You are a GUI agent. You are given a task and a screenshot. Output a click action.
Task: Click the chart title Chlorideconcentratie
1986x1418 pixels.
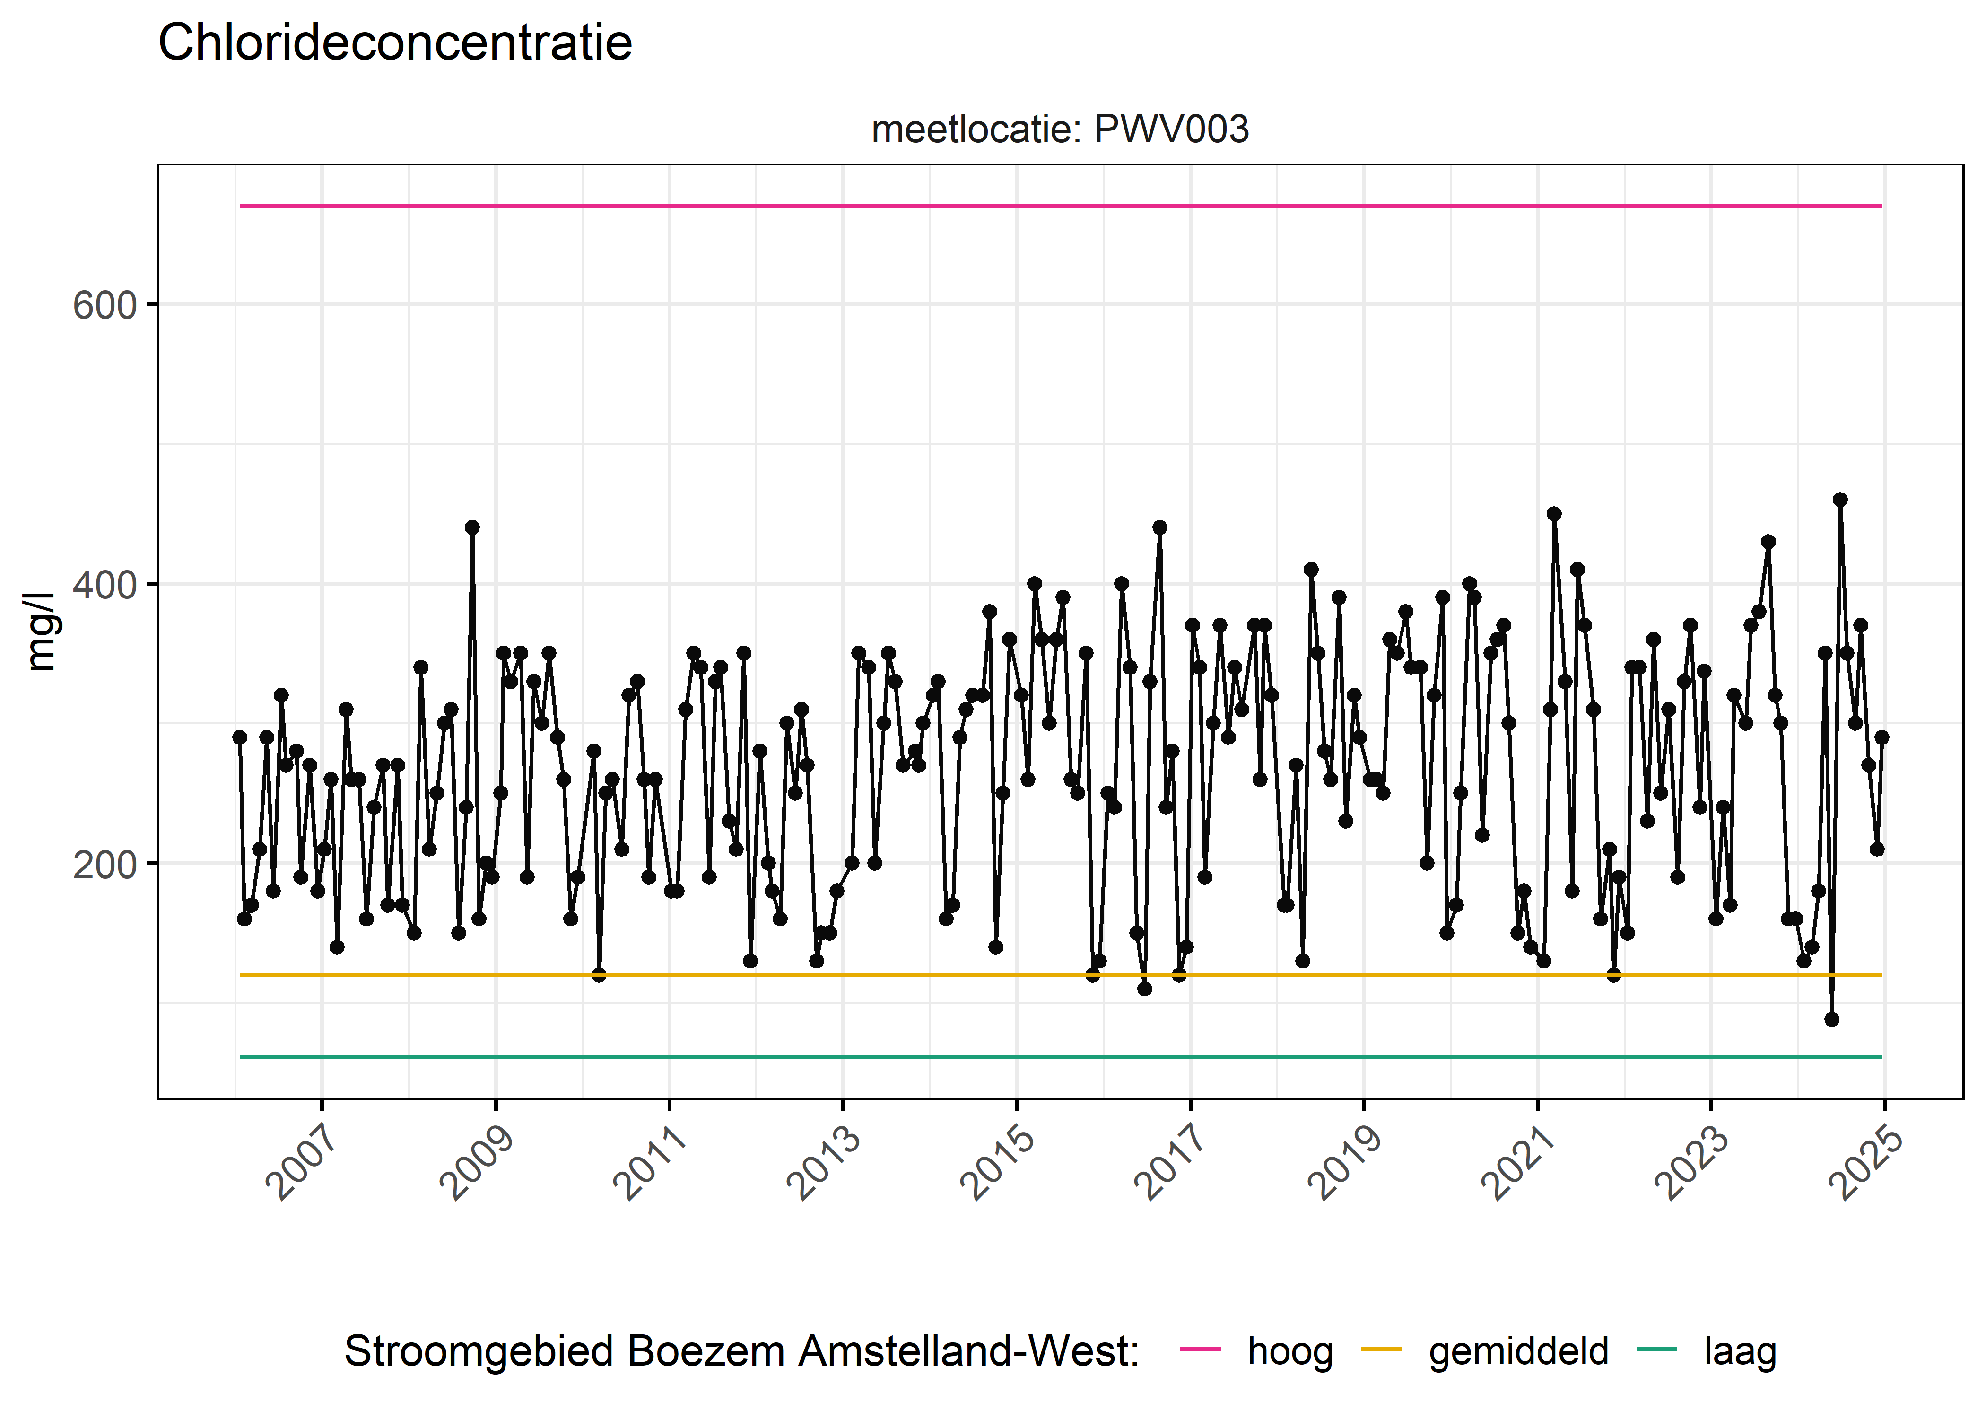pos(395,43)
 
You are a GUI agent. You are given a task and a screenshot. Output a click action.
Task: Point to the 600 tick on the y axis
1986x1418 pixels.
pos(105,306)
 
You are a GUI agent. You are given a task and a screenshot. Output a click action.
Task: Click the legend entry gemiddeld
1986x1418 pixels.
pos(1518,1351)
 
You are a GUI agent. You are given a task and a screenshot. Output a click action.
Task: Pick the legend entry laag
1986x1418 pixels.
pos(1740,1351)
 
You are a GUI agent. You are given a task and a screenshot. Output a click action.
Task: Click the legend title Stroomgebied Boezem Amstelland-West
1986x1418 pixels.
pos(741,1351)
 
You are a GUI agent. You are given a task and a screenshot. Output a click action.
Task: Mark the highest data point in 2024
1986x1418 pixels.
pos(1840,500)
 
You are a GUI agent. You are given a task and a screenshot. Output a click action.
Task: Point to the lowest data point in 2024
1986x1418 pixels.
pos(1831,1019)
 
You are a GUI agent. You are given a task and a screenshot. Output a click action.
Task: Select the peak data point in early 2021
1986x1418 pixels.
pos(1554,513)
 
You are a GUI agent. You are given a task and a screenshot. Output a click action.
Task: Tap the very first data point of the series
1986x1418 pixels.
pos(239,737)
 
